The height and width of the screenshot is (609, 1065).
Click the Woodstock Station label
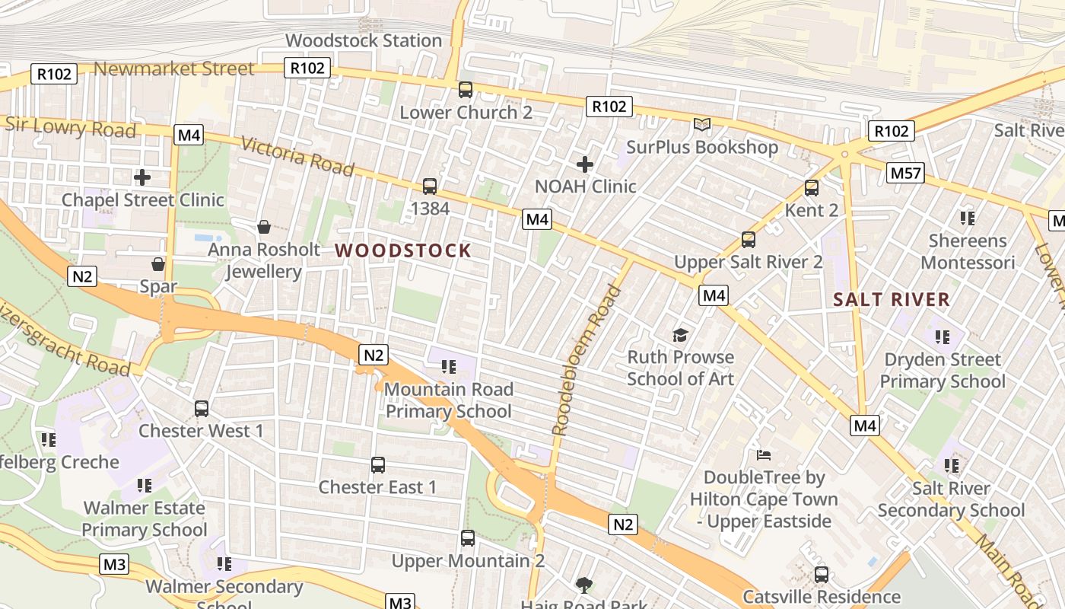363,40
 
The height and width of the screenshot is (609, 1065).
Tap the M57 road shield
905,174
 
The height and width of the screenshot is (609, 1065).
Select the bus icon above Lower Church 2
466,90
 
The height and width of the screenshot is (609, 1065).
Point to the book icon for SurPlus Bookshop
701,124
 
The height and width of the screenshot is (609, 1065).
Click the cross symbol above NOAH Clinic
584,164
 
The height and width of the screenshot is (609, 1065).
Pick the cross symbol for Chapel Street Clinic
142,177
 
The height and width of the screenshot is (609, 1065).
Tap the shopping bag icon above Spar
158,264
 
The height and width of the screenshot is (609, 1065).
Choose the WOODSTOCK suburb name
403,250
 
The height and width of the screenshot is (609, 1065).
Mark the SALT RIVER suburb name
892,299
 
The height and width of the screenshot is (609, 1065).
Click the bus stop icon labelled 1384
430,187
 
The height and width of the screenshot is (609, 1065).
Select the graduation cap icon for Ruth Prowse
680,335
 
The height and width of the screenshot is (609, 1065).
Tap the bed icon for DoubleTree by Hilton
765,455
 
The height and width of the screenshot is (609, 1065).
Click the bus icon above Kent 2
812,188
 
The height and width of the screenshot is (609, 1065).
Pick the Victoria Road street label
297,156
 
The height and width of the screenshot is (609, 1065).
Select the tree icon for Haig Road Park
584,585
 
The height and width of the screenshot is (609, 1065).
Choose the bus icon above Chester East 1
378,464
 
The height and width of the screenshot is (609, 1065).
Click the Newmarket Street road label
173,69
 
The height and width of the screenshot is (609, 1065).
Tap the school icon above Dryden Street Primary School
943,336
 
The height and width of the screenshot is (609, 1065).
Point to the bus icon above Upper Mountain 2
468,538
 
